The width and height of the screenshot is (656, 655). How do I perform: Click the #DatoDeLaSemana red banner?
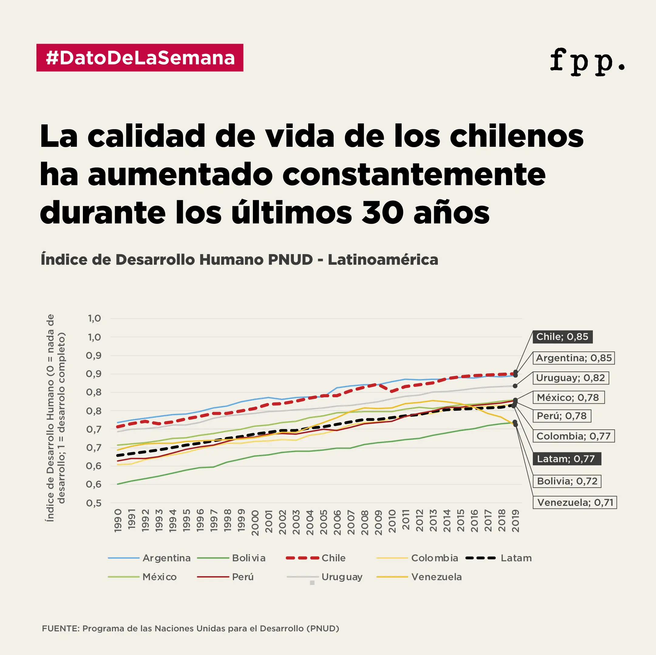pos(140,58)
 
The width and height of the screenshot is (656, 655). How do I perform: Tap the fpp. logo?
pos(587,61)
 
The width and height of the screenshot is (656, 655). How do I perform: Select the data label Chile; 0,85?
pos(562,337)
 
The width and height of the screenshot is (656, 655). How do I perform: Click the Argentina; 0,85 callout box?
pos(573,358)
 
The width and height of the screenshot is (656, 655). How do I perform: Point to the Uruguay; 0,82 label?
pos(570,378)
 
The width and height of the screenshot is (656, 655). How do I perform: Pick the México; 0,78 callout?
pos(568,398)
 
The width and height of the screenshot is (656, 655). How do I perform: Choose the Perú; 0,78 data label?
pos(562,416)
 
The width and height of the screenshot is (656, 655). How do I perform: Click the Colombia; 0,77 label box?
pos(573,436)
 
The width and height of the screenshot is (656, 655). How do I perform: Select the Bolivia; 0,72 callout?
pos(567,481)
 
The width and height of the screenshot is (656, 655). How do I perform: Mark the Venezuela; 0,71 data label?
pos(575,502)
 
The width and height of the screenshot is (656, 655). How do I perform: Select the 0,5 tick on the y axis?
pos(93,503)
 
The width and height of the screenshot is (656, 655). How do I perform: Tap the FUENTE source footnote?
pos(190,629)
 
